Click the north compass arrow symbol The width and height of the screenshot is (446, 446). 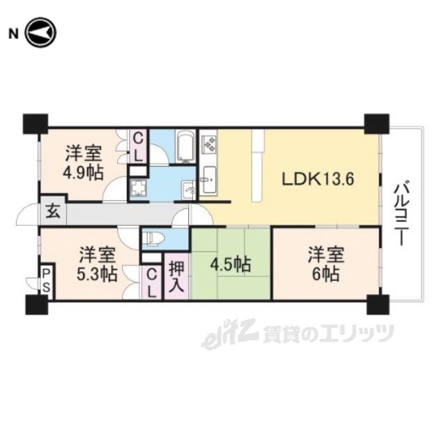pos(41,33)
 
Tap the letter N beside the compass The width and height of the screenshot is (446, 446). pos(13,34)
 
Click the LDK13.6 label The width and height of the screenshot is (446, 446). pos(318,180)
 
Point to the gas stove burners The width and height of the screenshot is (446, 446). pos(209,142)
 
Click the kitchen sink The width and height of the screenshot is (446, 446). pos(209,180)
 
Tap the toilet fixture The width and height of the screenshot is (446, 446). pos(153,238)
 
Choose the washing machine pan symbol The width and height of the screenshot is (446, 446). pos(138,188)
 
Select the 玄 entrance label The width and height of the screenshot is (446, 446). pos(53,212)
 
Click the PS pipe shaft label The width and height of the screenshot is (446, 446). pos(46,281)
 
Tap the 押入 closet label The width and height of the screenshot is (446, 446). pos(176,276)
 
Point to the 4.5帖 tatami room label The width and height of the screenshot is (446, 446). pos(230,265)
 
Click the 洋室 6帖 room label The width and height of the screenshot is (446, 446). pos(326,264)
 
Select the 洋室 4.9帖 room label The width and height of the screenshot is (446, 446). pos(84,162)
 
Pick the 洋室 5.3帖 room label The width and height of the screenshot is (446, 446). pos(97,264)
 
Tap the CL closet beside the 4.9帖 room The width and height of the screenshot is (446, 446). pos(138,147)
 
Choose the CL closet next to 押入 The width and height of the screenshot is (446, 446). pos(152,284)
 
